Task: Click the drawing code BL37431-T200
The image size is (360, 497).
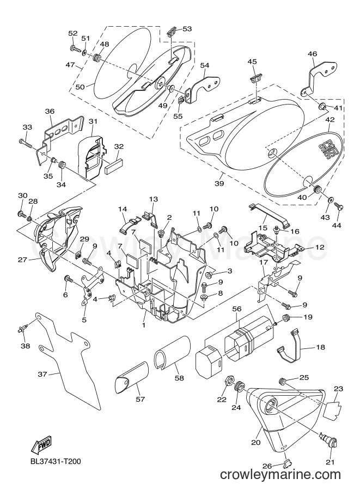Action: pyautogui.click(x=56, y=461)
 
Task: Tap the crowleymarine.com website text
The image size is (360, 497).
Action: pyautogui.click(x=280, y=483)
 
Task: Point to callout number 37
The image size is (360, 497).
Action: pyautogui.click(x=42, y=374)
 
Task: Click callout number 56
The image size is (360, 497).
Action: pyautogui.click(x=237, y=309)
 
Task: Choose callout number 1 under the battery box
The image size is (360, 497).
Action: pyautogui.click(x=143, y=325)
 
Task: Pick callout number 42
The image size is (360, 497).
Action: pyautogui.click(x=330, y=120)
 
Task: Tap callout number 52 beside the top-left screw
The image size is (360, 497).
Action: pyautogui.click(x=73, y=33)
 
